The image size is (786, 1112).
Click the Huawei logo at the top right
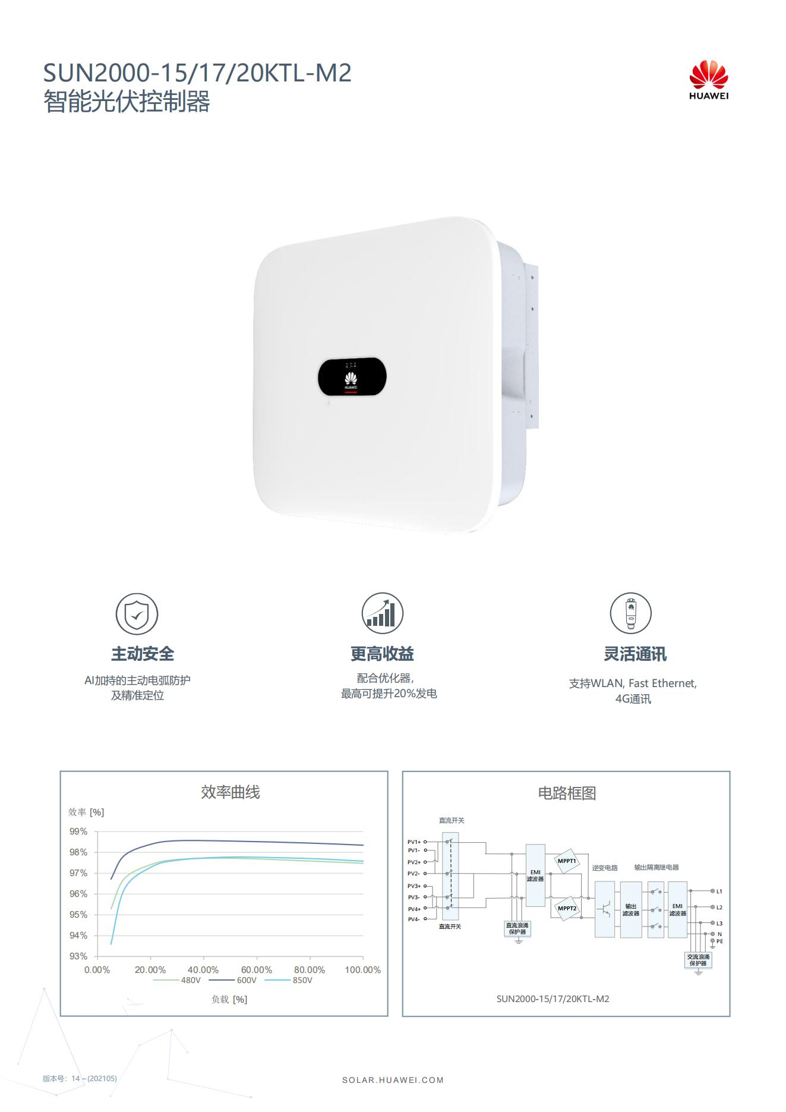coord(709,80)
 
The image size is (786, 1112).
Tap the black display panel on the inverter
coord(352,377)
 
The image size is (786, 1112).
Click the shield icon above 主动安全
coord(137,614)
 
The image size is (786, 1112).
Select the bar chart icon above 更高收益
coord(383,613)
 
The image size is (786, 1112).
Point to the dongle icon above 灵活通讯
coord(631,613)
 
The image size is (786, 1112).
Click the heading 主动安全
coord(143,654)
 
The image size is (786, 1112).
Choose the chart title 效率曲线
coord(231,792)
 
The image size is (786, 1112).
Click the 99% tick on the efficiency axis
coord(78,831)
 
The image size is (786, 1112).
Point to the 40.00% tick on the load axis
coord(203,970)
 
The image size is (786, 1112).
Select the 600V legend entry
coord(233,980)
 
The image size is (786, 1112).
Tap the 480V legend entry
coord(177,980)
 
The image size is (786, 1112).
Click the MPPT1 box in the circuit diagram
coord(567,861)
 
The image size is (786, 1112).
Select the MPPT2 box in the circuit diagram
coord(567,908)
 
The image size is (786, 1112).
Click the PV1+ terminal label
coord(414,842)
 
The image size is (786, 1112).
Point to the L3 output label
coord(719,923)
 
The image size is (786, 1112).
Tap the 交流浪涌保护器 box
coord(698,960)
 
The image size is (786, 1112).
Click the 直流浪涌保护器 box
coord(517,928)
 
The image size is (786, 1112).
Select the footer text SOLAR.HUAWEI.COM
coord(393,1080)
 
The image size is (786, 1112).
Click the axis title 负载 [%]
coord(229,999)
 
